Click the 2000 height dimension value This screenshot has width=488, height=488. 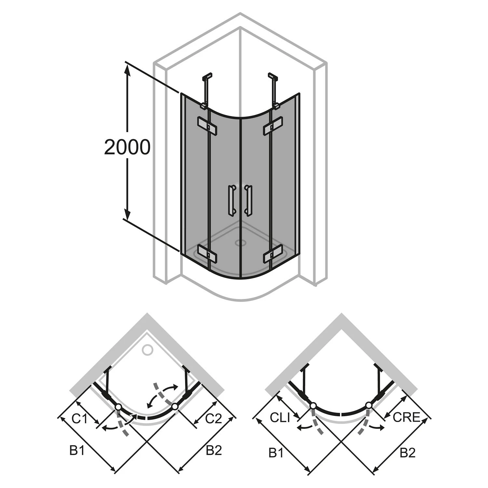(127, 147)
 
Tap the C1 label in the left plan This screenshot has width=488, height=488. (80, 419)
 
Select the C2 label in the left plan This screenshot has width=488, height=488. (213, 419)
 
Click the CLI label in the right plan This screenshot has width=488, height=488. (280, 417)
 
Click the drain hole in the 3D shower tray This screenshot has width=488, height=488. (241, 243)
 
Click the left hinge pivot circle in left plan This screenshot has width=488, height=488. (118, 407)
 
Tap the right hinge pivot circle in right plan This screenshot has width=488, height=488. (369, 405)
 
